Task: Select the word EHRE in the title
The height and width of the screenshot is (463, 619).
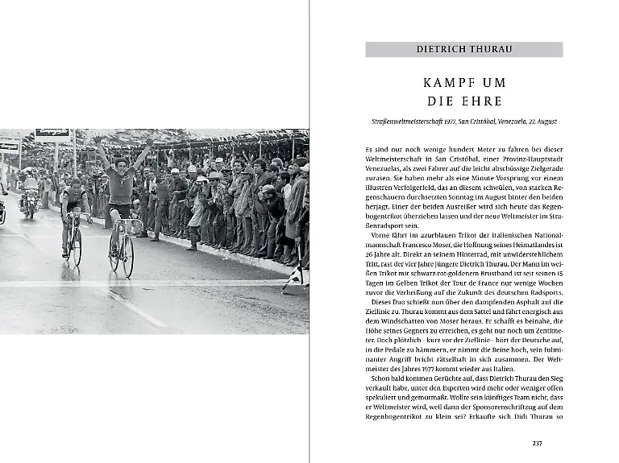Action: (x=483, y=101)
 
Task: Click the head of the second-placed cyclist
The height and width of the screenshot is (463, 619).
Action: (x=74, y=183)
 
